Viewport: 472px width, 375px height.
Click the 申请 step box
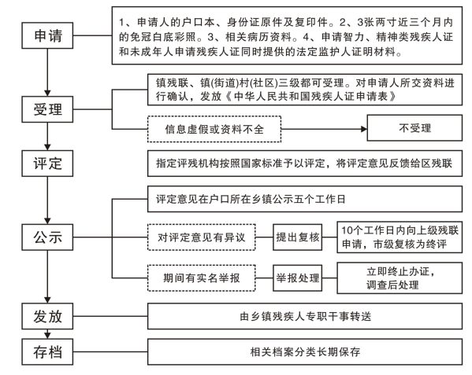pyautogui.click(x=47, y=35)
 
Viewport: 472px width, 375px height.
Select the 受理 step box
pyautogui.click(x=47, y=109)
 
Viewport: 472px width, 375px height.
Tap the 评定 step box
pyautogui.click(x=47, y=164)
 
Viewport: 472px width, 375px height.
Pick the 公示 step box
pyautogui.click(x=47, y=237)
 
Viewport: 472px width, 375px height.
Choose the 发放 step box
pyautogui.click(x=47, y=316)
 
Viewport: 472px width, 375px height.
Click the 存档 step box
pyautogui.click(x=47, y=352)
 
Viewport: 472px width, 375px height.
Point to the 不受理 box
pyautogui.click(x=414, y=128)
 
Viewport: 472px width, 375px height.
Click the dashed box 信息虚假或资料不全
pyautogui.click(x=214, y=129)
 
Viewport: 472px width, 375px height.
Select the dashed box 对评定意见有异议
pyautogui.click(x=202, y=237)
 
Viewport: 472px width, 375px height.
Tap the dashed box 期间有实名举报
pyautogui.click(x=202, y=278)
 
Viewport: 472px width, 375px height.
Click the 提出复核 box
pyautogui.click(x=297, y=237)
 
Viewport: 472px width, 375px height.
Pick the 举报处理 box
pyautogui.click(x=297, y=278)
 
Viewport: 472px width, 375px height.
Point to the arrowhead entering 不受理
pyautogui.click(x=364, y=129)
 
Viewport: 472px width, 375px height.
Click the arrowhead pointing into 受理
pyautogui.click(x=47, y=93)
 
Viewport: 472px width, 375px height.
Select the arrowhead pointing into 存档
pyautogui.click(x=47, y=336)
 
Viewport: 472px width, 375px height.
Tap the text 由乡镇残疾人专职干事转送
pyautogui.click(x=305, y=317)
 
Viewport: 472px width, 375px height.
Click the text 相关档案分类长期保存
pyautogui.click(x=305, y=352)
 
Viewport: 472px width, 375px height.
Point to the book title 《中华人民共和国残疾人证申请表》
pyautogui.click(x=310, y=97)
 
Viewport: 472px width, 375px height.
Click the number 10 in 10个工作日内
pyautogui.click(x=346, y=230)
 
